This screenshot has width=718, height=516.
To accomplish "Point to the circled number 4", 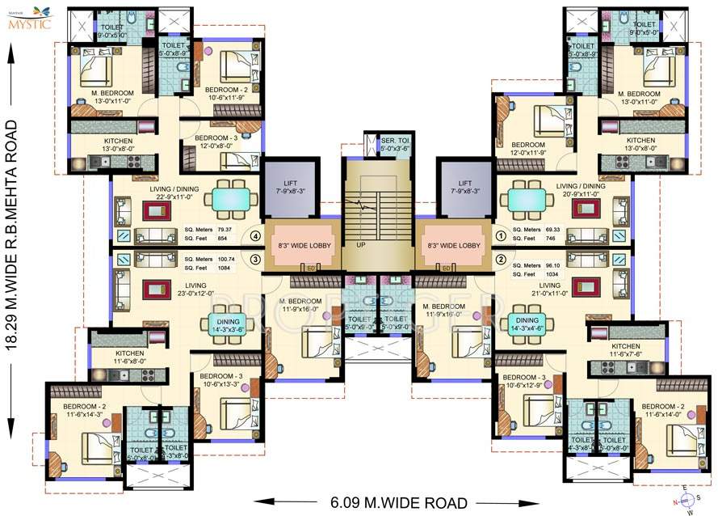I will (255, 237).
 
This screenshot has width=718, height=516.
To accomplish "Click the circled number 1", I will (500, 237).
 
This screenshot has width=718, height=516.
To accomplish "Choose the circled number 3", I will (255, 260).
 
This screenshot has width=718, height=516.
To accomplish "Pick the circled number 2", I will (500, 260).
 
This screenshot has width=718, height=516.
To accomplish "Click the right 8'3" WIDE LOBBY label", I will (452, 245).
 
